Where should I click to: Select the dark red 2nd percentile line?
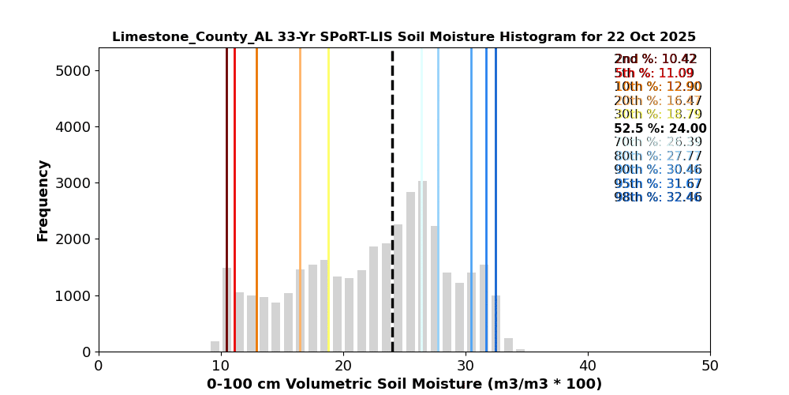pos(226,158)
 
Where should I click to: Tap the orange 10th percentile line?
pos(256,158)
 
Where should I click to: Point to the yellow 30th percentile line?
pos(328,158)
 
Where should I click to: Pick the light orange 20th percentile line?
pos(300,158)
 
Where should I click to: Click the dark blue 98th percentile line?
pos(495,158)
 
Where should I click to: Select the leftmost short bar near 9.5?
pos(215,347)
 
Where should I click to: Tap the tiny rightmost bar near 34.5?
pos(520,350)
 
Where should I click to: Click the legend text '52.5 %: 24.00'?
pos(660,129)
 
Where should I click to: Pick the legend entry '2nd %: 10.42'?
pos(655,59)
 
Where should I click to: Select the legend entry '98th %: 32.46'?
pos(657,197)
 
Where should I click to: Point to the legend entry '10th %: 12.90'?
pos(657,87)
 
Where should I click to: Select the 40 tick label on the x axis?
pos(588,367)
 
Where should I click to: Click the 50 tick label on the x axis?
pos(710,367)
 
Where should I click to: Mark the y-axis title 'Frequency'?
pos(43,200)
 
